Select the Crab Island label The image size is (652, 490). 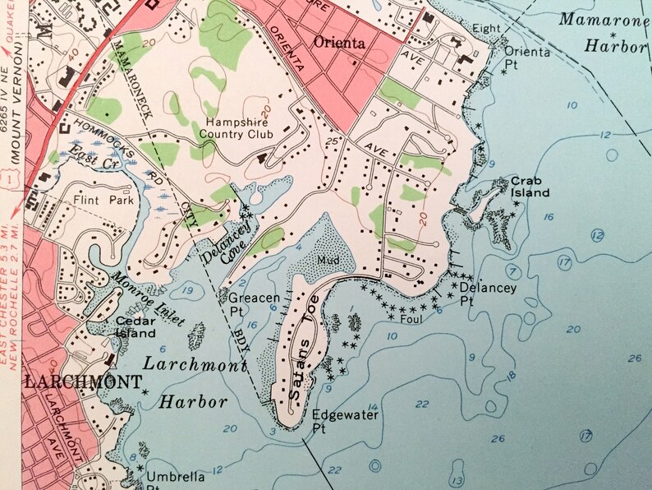coord(529,186)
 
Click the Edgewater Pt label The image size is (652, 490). coord(345,421)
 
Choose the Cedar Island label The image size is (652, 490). coord(135,327)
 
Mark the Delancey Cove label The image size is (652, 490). coord(223,241)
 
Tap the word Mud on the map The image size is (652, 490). coord(327,260)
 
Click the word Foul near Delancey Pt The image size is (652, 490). coord(411,313)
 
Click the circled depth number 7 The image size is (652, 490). coord(513,270)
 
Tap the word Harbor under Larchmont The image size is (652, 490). coord(193,402)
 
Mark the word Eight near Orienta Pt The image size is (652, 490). coord(486,29)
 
